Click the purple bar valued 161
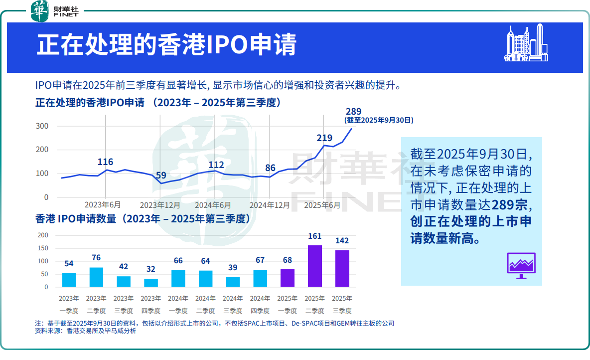(315, 266)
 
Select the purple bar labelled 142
(342, 268)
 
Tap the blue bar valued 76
(96, 277)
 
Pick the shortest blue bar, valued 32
(151, 283)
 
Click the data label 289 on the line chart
(353, 112)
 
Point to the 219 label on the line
(324, 138)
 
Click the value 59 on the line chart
(161, 176)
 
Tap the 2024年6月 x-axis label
(213, 205)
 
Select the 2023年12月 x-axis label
(160, 205)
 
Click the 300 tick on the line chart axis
(42, 126)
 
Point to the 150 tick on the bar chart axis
(43, 248)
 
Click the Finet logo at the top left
(55, 11)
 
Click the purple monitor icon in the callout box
(521, 265)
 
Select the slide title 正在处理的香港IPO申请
(166, 45)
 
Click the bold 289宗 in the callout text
(511, 205)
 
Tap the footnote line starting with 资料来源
(86, 331)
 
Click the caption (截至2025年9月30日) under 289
(379, 120)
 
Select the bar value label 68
(288, 261)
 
